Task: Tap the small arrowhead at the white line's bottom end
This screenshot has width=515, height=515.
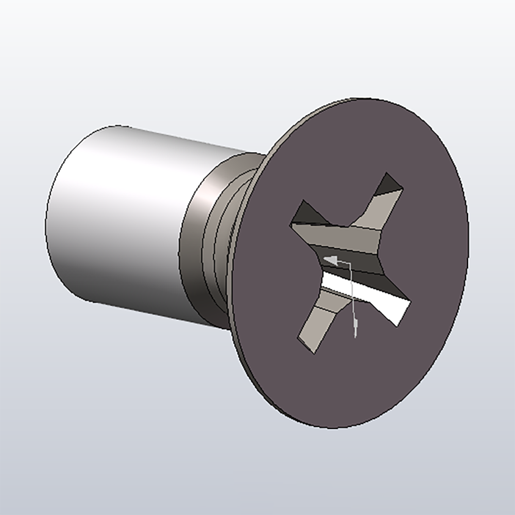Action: click(x=355, y=324)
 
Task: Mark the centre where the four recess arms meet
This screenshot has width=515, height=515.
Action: click(x=342, y=257)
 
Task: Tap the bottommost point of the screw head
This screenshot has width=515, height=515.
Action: click(x=330, y=428)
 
